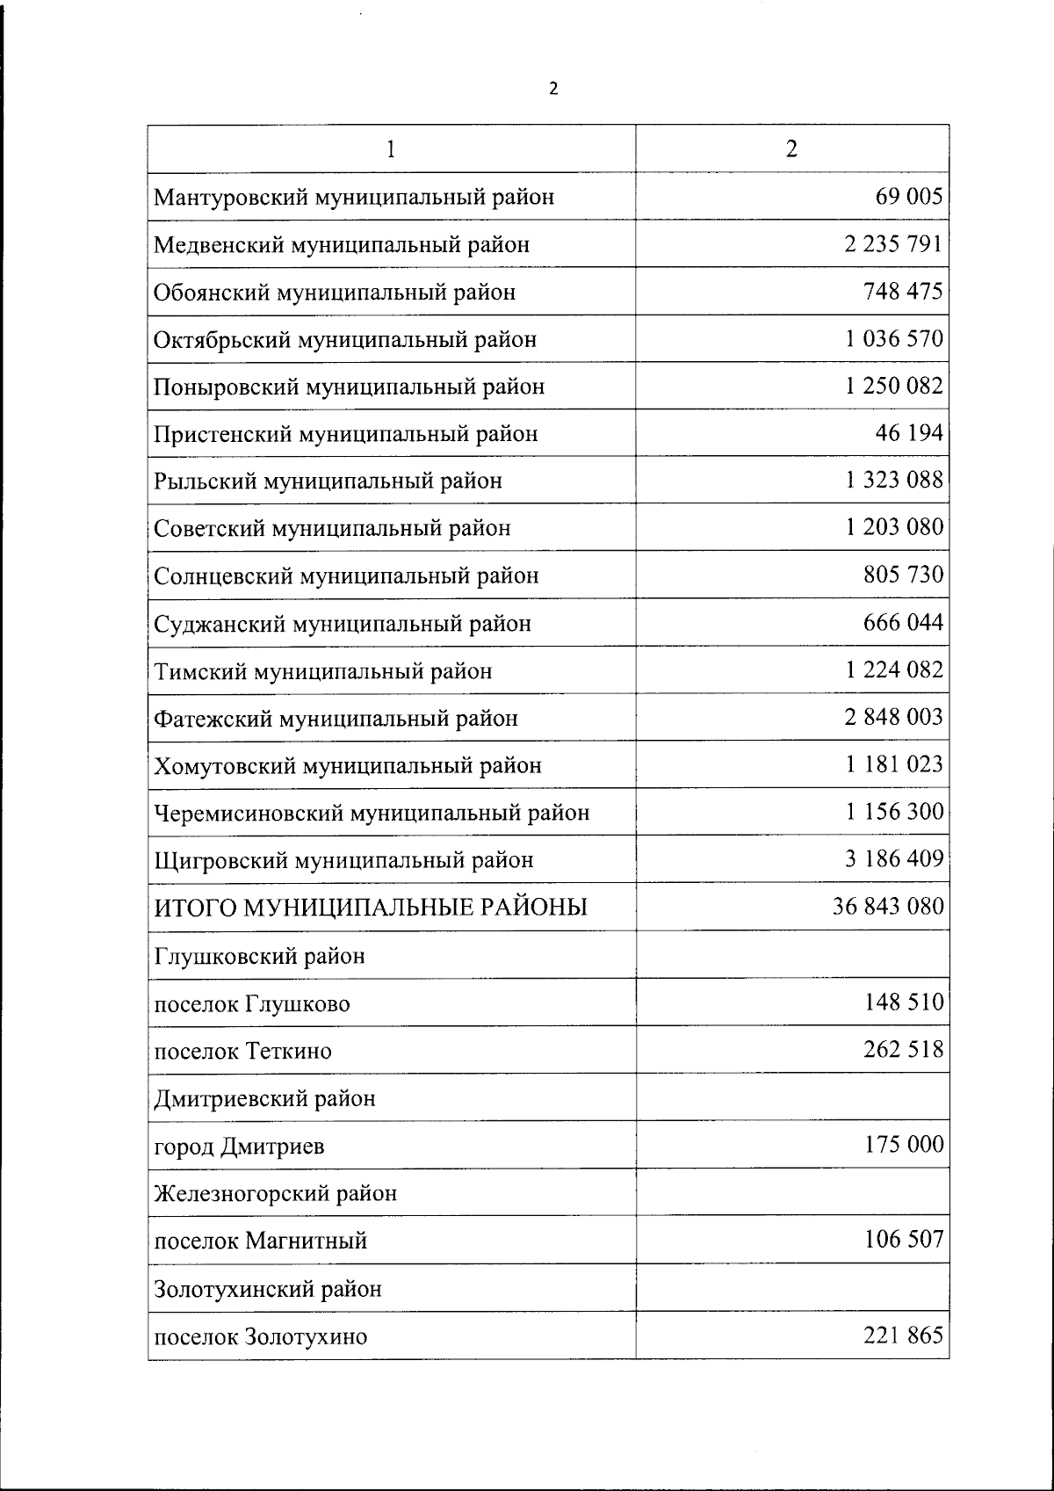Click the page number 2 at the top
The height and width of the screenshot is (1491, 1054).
coord(552,89)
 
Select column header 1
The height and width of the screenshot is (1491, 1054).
coord(391,148)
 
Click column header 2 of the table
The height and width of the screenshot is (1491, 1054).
coord(791,148)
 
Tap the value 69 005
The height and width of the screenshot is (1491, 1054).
coord(908,196)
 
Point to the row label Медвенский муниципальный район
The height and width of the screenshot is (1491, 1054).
coord(342,244)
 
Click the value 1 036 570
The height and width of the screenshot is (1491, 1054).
coord(894,338)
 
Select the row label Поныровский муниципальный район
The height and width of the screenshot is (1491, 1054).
coord(349,387)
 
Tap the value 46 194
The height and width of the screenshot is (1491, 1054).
coord(908,433)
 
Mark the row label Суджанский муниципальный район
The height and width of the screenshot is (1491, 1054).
coord(343,624)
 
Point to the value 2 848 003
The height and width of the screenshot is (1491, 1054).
coord(894,717)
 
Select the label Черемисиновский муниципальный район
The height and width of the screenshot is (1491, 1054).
coord(372,813)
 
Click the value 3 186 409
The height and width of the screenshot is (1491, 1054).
coord(894,858)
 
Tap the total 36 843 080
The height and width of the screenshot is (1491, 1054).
coord(888,906)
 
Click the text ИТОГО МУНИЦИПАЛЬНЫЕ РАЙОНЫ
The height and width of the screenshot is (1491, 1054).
coord(371,908)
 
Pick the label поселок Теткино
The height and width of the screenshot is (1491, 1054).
coord(242,1051)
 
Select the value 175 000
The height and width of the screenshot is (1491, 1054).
coord(904,1145)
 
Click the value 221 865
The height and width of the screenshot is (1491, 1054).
coord(904,1335)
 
